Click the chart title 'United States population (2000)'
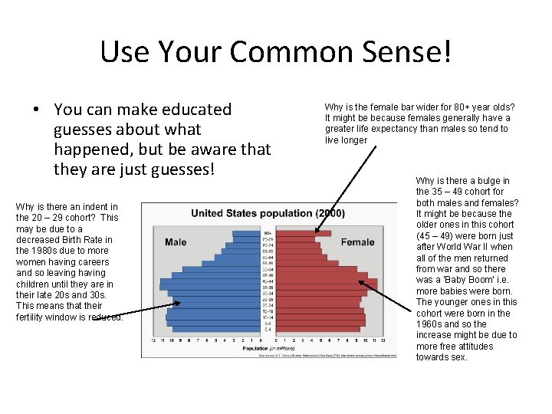[x=268, y=212]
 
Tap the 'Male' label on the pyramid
[x=176, y=242]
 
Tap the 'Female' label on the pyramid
[x=357, y=242]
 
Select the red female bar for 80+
[x=322, y=233]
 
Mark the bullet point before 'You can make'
[x=37, y=110]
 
